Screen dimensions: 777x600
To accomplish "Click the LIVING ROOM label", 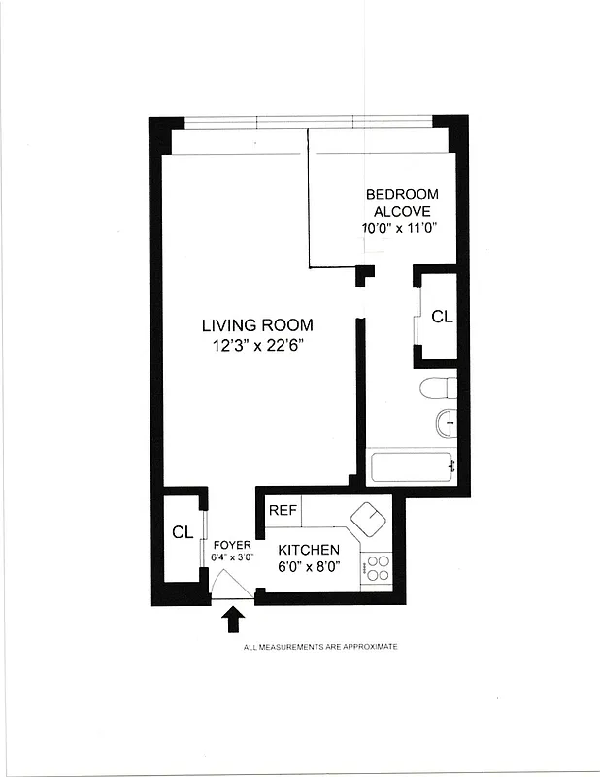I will click(x=257, y=325).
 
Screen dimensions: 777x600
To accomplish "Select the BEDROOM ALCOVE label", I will click(x=401, y=202).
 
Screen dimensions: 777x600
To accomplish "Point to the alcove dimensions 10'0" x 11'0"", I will click(x=400, y=229).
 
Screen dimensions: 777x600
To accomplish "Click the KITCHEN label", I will click(x=309, y=550).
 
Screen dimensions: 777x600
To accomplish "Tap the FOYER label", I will click(x=231, y=545).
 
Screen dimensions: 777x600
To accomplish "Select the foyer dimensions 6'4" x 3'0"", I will click(x=231, y=558).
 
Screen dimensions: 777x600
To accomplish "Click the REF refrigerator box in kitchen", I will click(x=283, y=510).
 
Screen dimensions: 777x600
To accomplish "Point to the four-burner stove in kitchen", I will click(x=377, y=567).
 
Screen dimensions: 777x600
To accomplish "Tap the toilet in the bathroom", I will click(x=438, y=388).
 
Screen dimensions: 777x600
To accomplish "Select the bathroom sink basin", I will click(x=446, y=423).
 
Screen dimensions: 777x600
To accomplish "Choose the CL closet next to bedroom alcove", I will click(x=441, y=317).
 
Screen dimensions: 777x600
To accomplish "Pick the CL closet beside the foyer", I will click(x=183, y=532).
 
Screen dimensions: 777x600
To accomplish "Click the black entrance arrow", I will click(x=234, y=618).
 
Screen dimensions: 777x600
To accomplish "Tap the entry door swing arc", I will click(x=230, y=585).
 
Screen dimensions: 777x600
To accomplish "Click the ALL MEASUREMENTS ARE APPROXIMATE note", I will click(x=319, y=646).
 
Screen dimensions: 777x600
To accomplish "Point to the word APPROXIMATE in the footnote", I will click(x=370, y=646).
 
